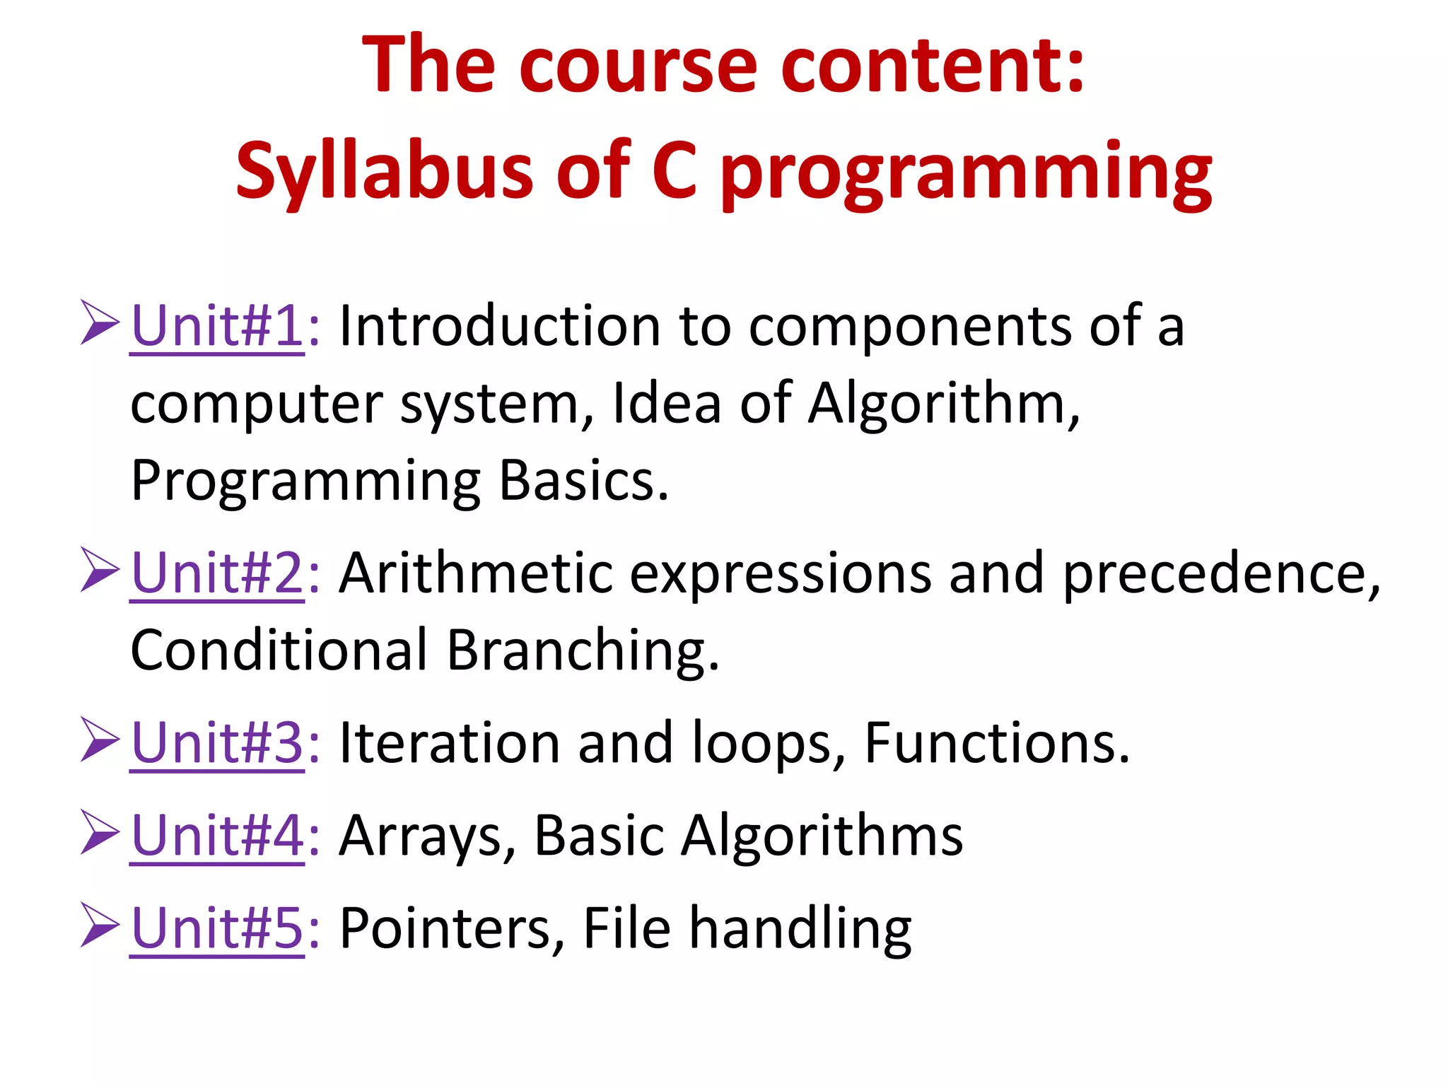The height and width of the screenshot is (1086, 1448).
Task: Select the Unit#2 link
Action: click(x=217, y=573)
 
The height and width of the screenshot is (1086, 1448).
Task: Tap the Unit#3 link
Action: click(x=217, y=743)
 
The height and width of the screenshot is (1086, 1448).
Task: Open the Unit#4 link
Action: click(x=217, y=836)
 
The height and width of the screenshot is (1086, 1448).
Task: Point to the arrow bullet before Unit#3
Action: click(x=100, y=740)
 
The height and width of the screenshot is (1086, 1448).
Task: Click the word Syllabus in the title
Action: click(x=384, y=172)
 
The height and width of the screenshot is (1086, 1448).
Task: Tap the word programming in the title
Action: click(x=966, y=172)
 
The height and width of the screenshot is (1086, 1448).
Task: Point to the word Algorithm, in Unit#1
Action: click(x=944, y=404)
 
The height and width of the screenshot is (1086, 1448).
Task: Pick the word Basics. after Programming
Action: click(x=583, y=481)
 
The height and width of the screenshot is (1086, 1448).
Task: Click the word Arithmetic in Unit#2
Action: click(x=475, y=573)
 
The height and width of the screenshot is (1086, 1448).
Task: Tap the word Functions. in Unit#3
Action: click(x=997, y=743)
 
